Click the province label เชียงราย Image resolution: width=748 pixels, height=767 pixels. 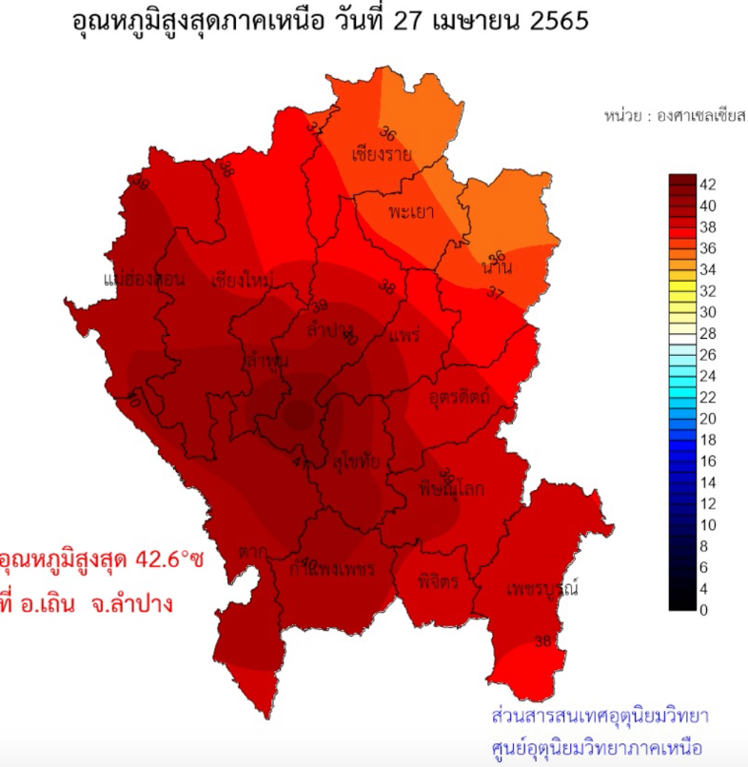coord(381,153)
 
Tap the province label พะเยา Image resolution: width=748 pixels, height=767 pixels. coord(411,211)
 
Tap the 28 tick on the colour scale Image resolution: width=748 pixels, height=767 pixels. coord(709,333)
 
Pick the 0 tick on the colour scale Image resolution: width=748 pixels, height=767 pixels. coord(705,610)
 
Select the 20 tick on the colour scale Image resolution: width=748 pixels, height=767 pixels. coord(709,418)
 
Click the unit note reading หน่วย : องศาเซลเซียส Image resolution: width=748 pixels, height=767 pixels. coord(674,115)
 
